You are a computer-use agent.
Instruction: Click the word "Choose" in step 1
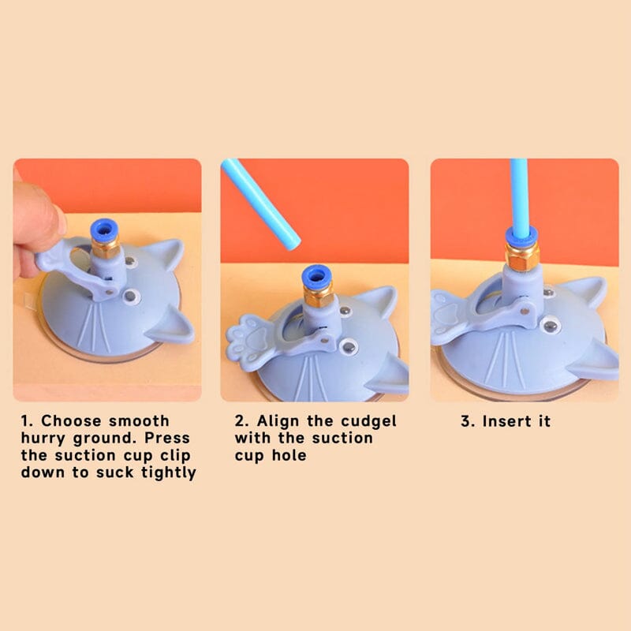pyautogui.click(x=71, y=421)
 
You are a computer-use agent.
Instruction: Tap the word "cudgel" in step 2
pyautogui.click(x=368, y=422)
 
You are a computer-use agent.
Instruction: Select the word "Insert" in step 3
pyautogui.click(x=506, y=421)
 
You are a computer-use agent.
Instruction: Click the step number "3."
pyautogui.click(x=468, y=421)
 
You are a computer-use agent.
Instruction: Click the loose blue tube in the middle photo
pyautogui.click(x=261, y=204)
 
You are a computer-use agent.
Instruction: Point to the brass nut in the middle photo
pyautogui.click(x=319, y=297)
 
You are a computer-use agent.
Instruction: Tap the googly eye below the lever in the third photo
pyautogui.click(x=549, y=324)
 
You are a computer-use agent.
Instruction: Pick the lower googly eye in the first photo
pyautogui.click(x=131, y=297)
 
